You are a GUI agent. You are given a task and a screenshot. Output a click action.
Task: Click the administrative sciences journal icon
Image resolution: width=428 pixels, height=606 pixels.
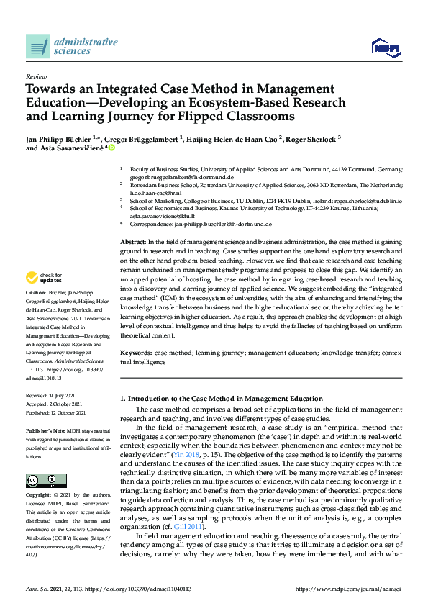pyautogui.click(x=37, y=46)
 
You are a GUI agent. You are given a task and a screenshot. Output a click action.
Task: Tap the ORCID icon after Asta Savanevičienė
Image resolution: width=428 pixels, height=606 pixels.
pyautogui.click(x=111, y=148)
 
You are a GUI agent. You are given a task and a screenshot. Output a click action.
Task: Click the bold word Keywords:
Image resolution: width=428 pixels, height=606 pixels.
pyautogui.click(x=136, y=354)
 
